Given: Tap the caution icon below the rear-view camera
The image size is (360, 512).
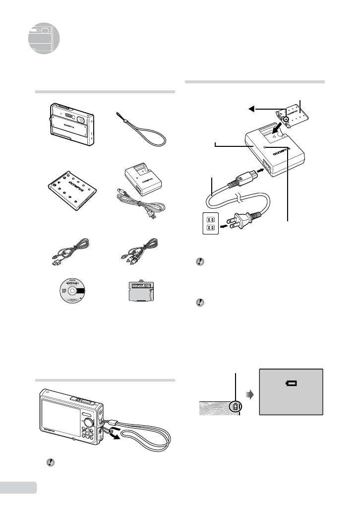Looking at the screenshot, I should (x=49, y=461).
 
